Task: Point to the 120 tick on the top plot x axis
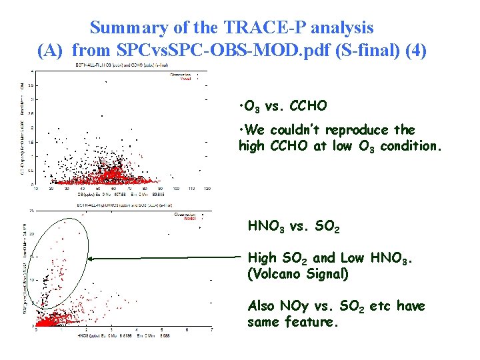pyautogui.click(x=207, y=189)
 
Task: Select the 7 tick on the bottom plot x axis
pyautogui.click(x=211, y=329)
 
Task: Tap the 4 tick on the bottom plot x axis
pyautogui.click(x=136, y=329)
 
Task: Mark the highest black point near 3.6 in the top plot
pyautogui.click(x=105, y=81)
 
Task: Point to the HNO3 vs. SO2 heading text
pyautogui.click(x=293, y=227)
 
